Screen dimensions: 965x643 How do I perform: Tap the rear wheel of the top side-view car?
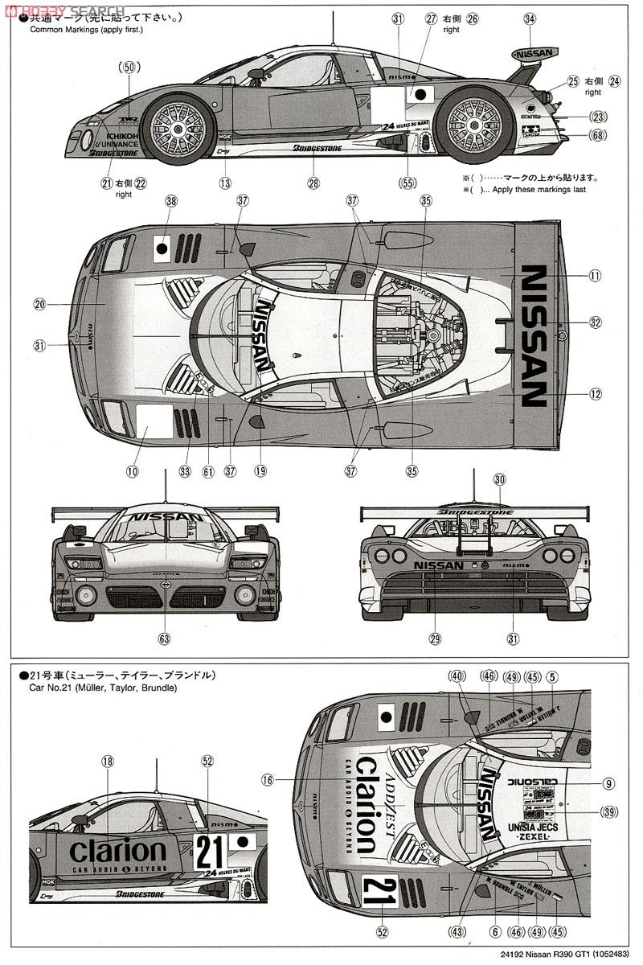(473, 125)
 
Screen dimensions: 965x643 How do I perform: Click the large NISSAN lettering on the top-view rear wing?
(535, 335)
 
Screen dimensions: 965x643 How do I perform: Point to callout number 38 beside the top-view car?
(170, 203)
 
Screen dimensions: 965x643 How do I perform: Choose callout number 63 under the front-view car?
(164, 639)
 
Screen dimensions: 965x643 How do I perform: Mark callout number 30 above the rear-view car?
(500, 478)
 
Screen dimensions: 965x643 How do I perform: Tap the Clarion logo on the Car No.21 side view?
(118, 851)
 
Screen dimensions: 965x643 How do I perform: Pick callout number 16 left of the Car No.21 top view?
(268, 779)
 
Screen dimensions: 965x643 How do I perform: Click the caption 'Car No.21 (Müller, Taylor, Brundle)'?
(103, 688)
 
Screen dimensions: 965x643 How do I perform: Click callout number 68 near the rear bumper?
(597, 135)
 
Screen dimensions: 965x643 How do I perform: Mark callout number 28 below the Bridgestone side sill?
(313, 183)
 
